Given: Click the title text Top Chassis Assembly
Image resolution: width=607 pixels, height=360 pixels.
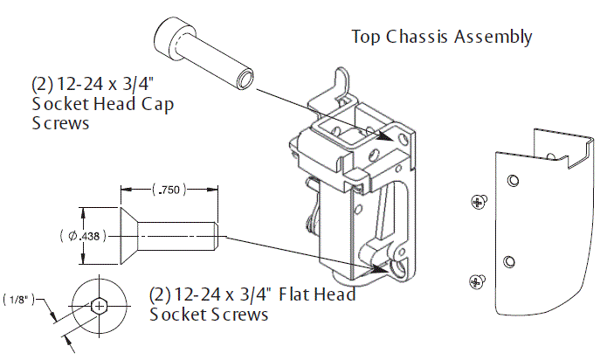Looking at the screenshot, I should (441, 37).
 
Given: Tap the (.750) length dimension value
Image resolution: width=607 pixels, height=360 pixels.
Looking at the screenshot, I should (169, 190).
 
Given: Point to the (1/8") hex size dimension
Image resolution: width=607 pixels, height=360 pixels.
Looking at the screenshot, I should (18, 299).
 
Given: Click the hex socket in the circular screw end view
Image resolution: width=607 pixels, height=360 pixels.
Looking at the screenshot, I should (101, 306).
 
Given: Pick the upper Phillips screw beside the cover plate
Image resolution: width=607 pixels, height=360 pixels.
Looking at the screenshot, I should (477, 202).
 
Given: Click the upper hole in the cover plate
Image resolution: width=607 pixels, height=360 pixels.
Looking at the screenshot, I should (513, 181).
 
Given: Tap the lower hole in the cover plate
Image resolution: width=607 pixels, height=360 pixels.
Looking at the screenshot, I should (509, 261).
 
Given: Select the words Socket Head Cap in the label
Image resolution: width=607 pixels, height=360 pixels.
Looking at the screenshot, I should (102, 105).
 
